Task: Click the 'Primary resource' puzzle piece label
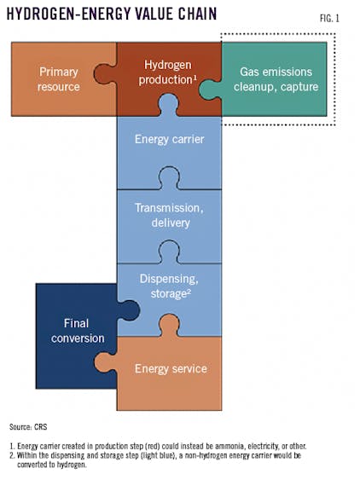(x=59, y=79)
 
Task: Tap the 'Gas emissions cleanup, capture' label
(x=274, y=79)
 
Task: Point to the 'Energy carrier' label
(x=169, y=139)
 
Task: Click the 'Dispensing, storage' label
(x=169, y=287)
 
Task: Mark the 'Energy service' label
(x=171, y=368)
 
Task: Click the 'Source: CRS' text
(x=32, y=425)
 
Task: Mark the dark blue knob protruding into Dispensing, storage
(x=129, y=309)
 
